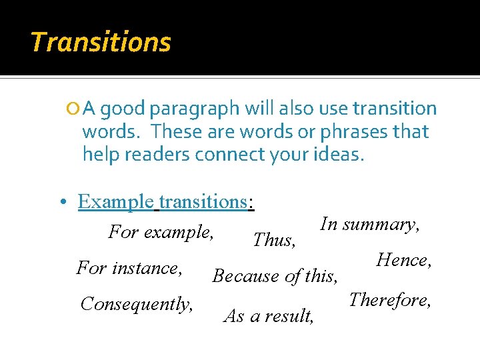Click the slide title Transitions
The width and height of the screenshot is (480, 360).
point(101,42)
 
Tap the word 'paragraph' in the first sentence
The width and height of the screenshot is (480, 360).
point(194,109)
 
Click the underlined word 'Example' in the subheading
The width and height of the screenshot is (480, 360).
point(115,201)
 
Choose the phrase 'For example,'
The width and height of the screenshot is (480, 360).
point(161,233)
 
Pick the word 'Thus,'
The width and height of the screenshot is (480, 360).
point(275,240)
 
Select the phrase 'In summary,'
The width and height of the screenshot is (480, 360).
point(370,225)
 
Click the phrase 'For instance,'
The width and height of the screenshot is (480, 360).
point(130,268)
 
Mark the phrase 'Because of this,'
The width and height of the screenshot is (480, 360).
point(276,275)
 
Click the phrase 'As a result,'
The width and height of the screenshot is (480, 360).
point(269,316)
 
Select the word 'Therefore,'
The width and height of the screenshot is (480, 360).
point(391,300)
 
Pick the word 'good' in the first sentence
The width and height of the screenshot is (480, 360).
point(124,109)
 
